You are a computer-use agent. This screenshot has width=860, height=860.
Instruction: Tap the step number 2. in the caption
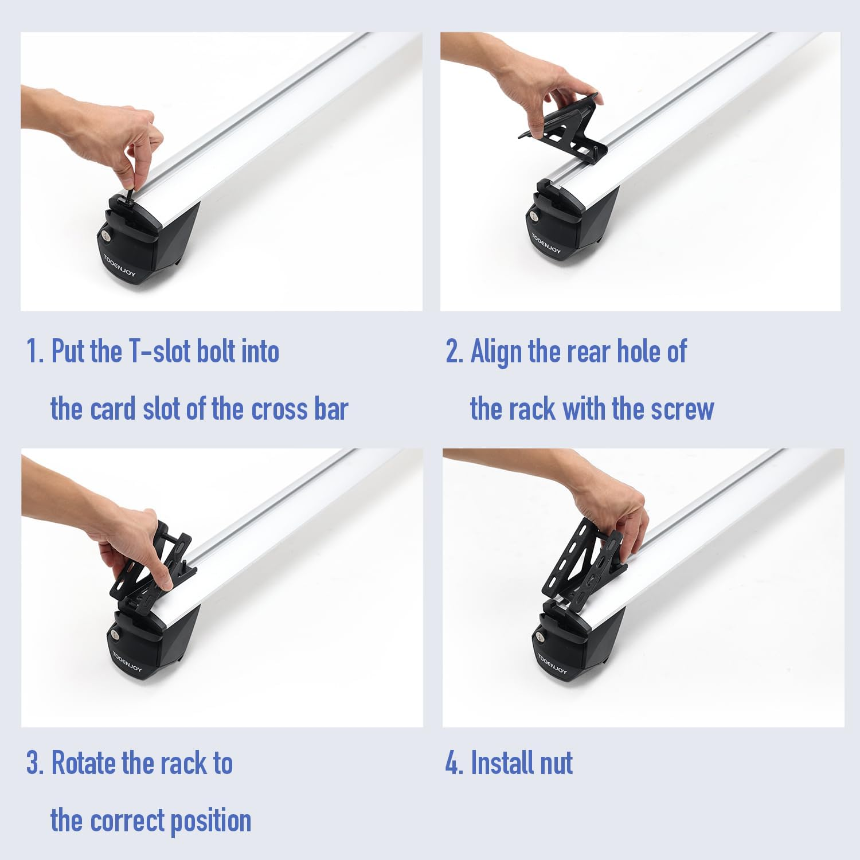(x=454, y=351)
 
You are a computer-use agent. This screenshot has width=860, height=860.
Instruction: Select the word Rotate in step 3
(x=84, y=763)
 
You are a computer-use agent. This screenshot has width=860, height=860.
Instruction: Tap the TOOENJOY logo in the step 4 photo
(x=551, y=662)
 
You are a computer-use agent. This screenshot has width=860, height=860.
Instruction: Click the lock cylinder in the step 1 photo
(x=107, y=236)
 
